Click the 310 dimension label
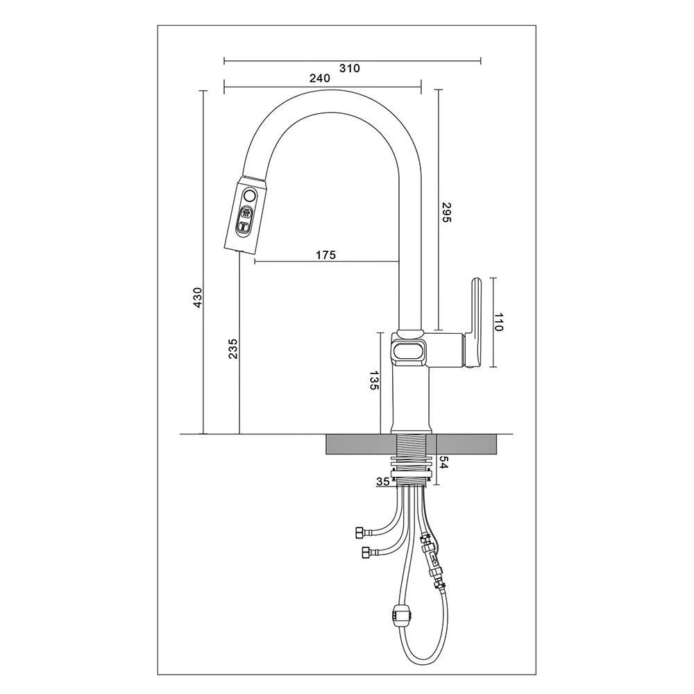(350, 68)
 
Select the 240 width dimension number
(319, 78)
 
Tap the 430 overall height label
(197, 298)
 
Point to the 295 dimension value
(446, 212)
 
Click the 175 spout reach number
(325, 255)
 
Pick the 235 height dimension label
(233, 348)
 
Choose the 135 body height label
(375, 380)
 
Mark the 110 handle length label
(499, 322)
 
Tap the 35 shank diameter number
(383, 482)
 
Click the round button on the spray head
(249, 195)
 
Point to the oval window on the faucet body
(408, 351)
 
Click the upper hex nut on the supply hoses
(359, 532)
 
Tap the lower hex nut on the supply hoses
(366, 552)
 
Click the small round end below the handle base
(471, 365)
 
